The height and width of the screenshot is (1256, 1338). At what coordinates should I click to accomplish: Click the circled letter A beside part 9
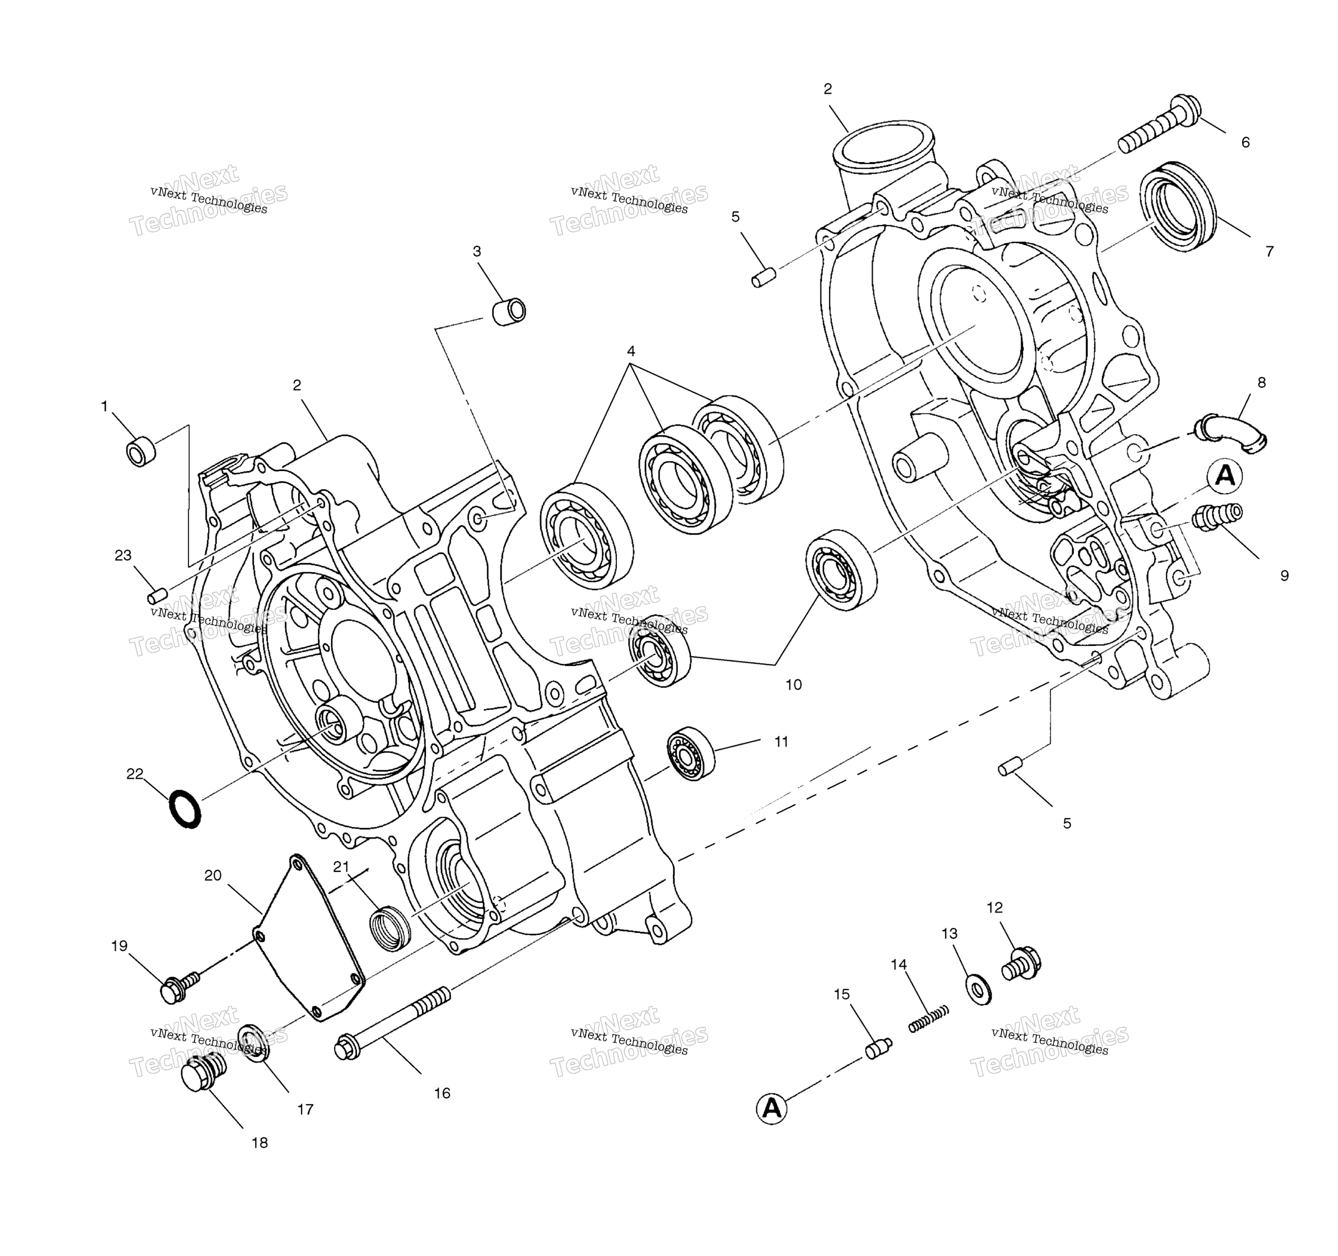(x=1225, y=476)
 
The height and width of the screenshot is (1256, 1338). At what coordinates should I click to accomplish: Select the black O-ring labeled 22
(x=184, y=808)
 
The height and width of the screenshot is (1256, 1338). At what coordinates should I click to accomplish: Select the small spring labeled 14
(x=929, y=1019)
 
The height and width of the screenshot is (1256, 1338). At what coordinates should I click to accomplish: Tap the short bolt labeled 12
(x=1022, y=963)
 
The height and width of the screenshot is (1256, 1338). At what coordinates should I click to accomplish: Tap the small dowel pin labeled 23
(x=157, y=596)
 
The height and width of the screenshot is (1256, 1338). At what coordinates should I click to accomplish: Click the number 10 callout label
(x=794, y=685)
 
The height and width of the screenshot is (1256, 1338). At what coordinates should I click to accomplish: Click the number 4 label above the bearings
(x=631, y=351)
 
